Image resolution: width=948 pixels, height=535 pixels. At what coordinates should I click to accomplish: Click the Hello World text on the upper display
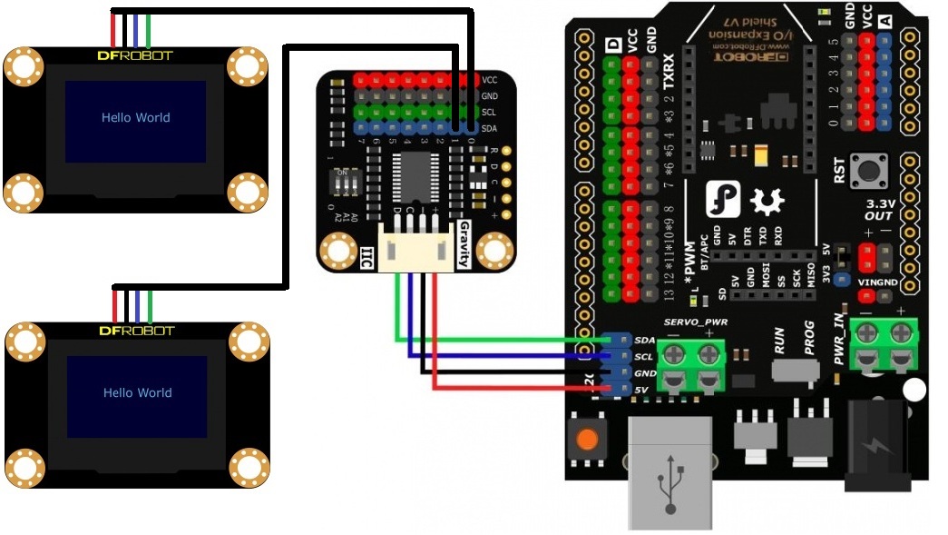135,117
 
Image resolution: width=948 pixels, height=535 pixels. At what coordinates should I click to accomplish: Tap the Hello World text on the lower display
137,392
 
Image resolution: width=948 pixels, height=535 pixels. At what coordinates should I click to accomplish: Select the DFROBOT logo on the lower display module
135,331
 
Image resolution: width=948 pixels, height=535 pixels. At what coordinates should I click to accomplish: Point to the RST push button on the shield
875,169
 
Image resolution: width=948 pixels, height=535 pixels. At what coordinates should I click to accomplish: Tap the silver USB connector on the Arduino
669,472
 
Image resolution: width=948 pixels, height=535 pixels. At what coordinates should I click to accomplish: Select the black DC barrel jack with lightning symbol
877,445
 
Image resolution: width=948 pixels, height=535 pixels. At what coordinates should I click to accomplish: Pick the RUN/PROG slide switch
797,371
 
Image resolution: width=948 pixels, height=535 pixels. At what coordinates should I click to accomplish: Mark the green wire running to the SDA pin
499,339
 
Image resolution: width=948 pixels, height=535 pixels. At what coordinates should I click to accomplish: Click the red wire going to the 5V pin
517,388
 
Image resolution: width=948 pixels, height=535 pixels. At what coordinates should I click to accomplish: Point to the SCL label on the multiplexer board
489,113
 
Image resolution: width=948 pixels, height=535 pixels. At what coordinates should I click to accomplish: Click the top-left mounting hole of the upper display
24,66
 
